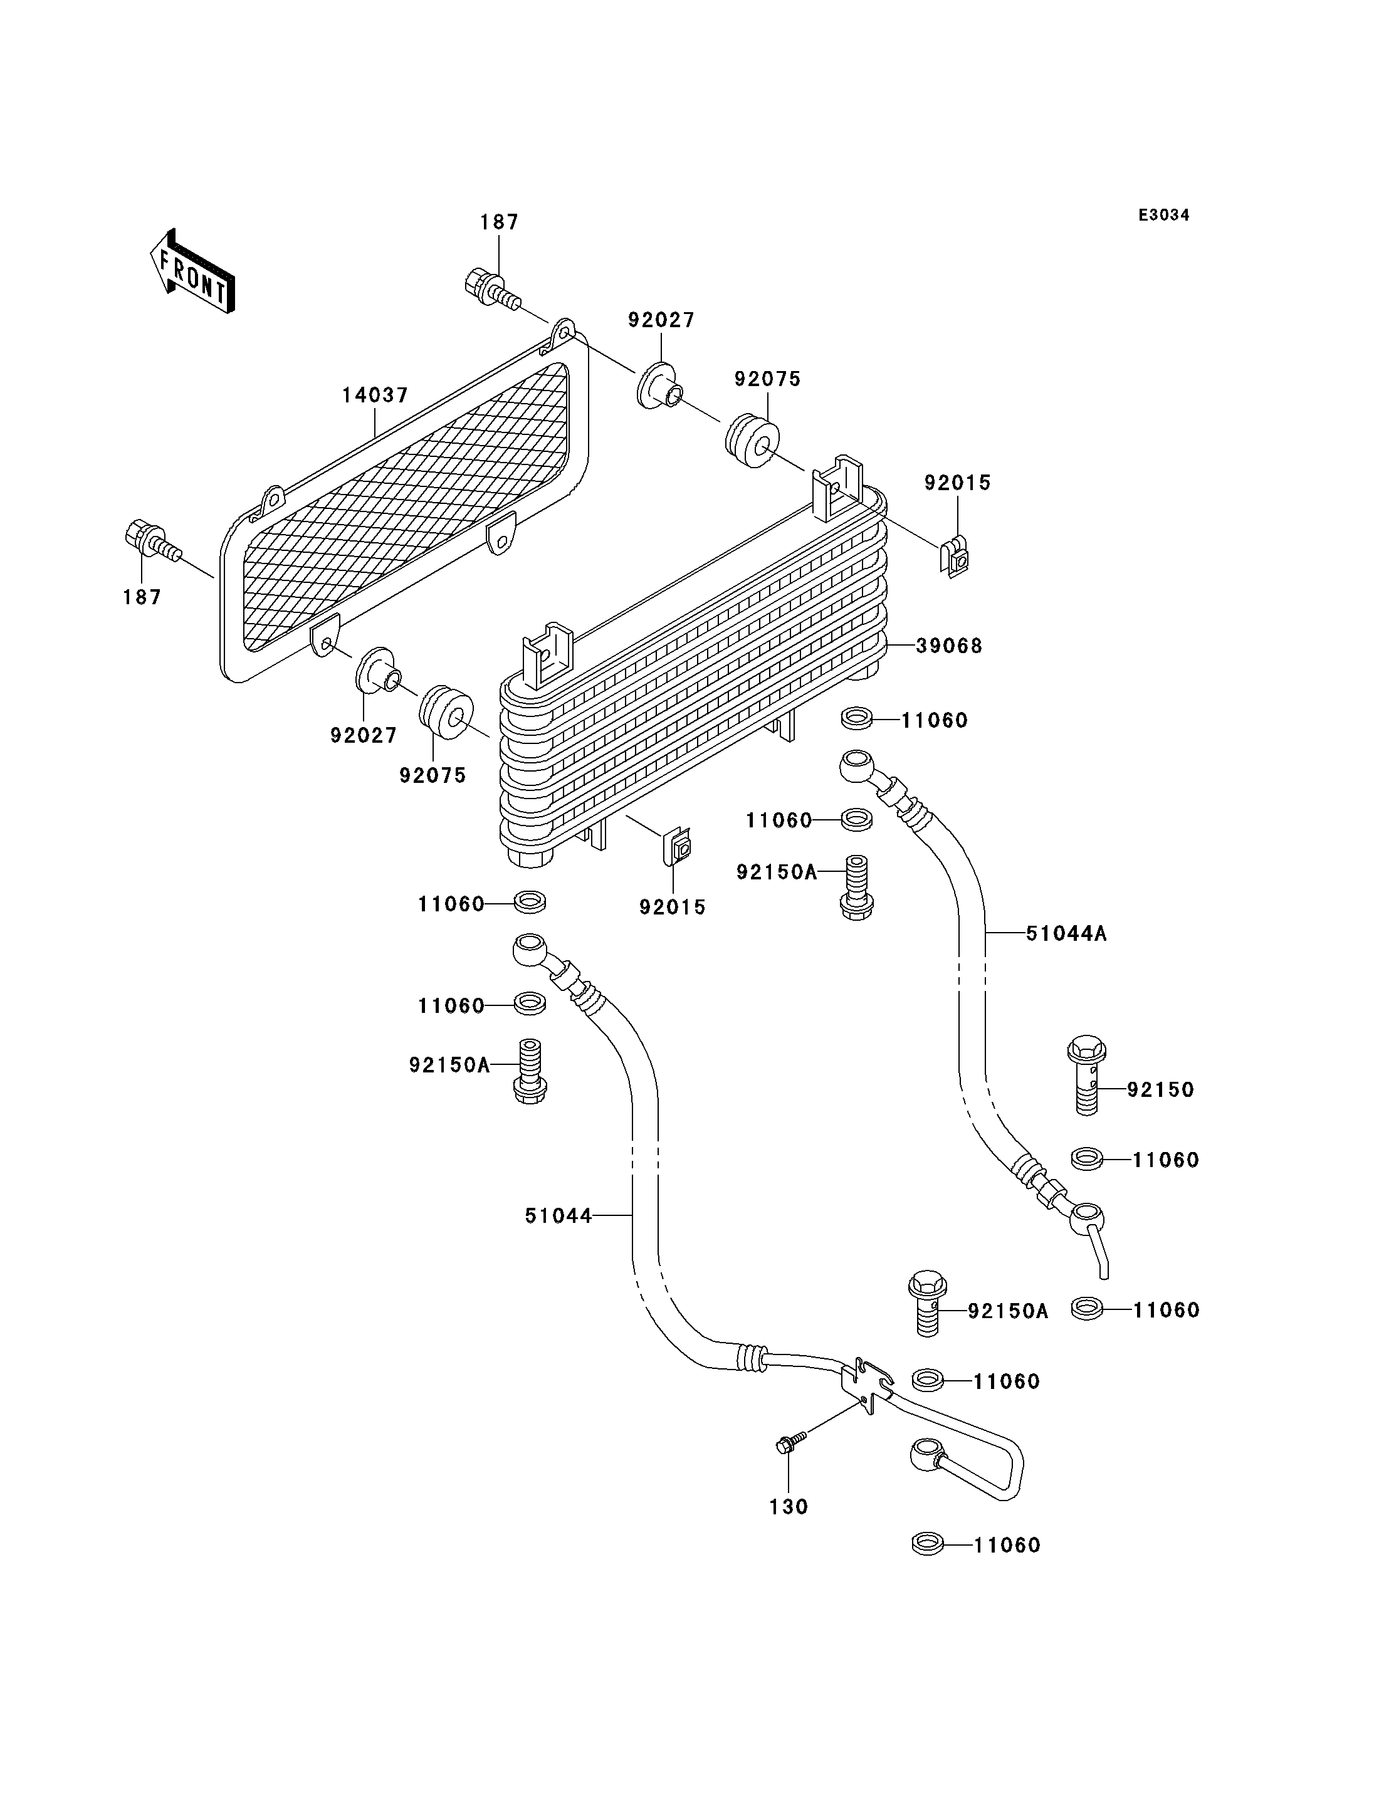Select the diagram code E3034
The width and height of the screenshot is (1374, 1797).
pyautogui.click(x=1164, y=215)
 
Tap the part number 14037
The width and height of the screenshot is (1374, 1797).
pyautogui.click(x=375, y=395)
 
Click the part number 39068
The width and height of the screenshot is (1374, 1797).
pyautogui.click(x=949, y=646)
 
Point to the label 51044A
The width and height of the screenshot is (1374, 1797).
pyautogui.click(x=1066, y=933)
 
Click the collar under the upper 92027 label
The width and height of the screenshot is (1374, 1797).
pyautogui.click(x=660, y=387)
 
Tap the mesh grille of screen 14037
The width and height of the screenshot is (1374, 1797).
pyautogui.click(x=406, y=507)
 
